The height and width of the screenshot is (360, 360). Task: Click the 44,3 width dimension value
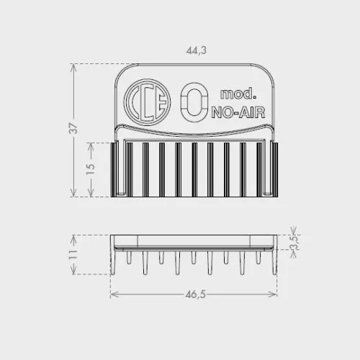point(197,50)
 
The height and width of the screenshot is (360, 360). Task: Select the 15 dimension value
point(91,169)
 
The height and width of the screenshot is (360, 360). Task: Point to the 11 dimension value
point(73,254)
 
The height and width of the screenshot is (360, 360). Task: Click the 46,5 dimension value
point(196,294)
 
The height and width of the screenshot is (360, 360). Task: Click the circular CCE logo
point(147,102)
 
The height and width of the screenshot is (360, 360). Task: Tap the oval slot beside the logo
point(194,102)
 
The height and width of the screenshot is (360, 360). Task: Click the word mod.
point(238,94)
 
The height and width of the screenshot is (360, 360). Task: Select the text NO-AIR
point(238,112)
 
